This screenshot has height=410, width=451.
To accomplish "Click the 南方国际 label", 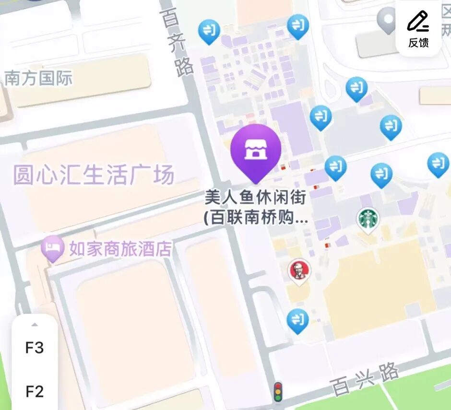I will click(38, 78).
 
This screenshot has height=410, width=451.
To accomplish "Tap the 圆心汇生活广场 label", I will click(93, 175).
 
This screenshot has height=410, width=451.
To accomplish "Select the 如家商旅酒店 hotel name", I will click(120, 249).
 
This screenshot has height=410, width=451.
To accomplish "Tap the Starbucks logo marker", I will click(368, 219).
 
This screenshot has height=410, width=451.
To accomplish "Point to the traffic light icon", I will click(277, 391).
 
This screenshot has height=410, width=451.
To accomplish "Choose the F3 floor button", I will click(35, 348).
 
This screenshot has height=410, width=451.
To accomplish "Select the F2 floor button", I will click(35, 392).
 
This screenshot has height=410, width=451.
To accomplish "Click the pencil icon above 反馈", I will click(417, 22).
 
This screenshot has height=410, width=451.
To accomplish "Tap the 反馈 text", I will click(418, 43).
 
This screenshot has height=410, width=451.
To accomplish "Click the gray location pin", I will click(387, 21).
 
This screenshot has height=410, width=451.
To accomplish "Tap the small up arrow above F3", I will click(35, 325).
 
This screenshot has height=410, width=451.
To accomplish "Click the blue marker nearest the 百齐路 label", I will click(209, 31).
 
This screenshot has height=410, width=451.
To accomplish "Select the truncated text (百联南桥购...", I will click(255, 218).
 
